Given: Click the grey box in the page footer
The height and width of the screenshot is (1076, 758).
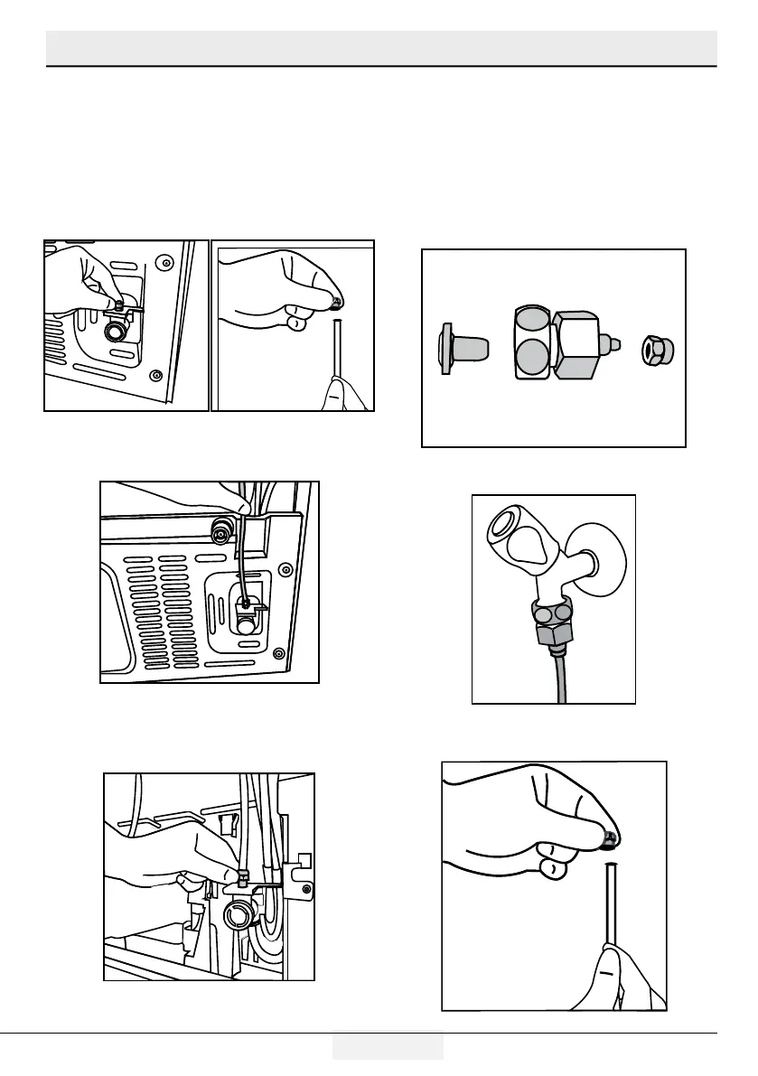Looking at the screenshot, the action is pos(388,1045).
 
